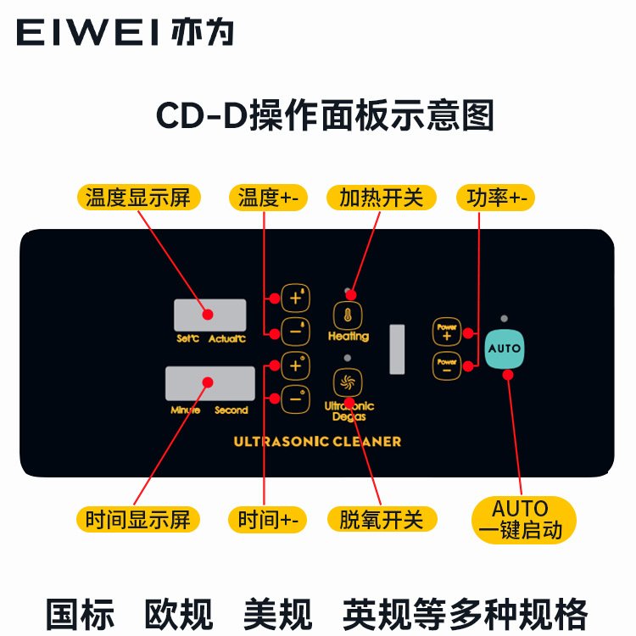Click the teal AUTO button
pos(505,349)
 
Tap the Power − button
pos(446,366)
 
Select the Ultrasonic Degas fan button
pos(345,383)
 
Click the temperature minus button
pos(295,332)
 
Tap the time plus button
pos(295,365)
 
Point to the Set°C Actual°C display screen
pos(209,315)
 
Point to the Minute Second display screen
pos(210,383)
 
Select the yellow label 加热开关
pos(381,198)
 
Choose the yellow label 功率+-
pos(495,198)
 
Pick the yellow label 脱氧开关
pos(381,518)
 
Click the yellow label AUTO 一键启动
pos(521,519)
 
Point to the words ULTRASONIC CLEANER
pos(317,441)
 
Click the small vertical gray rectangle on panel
pos(397,349)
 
